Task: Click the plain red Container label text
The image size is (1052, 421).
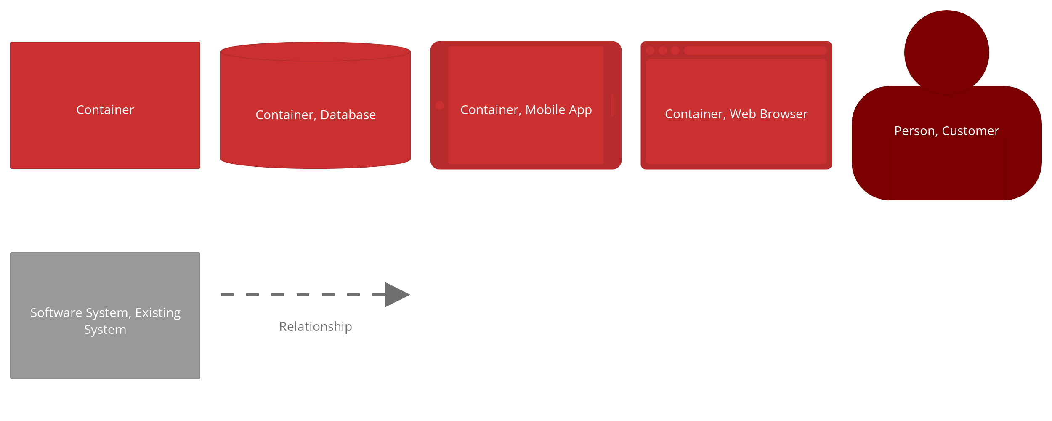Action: click(x=105, y=110)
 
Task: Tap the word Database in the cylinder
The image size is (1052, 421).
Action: click(x=348, y=115)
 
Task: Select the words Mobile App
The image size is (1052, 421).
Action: click(x=559, y=110)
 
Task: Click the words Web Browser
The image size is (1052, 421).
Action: click(x=768, y=114)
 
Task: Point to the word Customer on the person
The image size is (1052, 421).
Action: click(x=970, y=131)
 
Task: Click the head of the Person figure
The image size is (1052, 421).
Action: click(x=947, y=53)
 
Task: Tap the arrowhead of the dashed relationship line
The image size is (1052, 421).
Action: click(x=397, y=295)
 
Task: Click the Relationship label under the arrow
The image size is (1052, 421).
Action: click(x=316, y=327)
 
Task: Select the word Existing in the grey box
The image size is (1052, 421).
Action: click(x=158, y=313)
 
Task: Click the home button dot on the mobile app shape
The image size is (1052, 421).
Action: click(x=440, y=105)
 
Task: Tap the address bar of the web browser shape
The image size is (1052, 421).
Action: click(x=755, y=51)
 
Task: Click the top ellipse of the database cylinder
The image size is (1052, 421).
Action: click(x=316, y=51)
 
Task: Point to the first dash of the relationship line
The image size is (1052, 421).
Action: click(x=227, y=295)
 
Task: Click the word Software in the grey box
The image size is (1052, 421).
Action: click(x=56, y=313)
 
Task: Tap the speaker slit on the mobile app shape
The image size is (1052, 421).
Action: click(x=612, y=105)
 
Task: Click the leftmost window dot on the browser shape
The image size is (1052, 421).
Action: click(x=650, y=51)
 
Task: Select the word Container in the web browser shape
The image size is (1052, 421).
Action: click(x=695, y=114)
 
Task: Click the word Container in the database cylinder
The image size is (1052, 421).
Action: click(x=286, y=115)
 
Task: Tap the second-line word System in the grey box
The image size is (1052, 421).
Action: click(x=105, y=330)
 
